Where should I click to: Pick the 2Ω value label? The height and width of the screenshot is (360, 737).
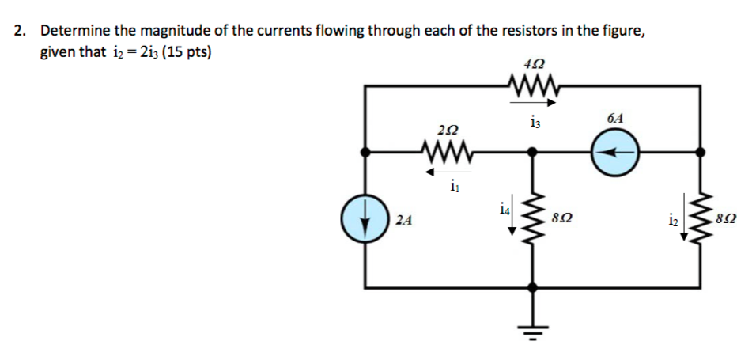pos(447,128)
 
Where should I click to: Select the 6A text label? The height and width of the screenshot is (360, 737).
pos(615,117)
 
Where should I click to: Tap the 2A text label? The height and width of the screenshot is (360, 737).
pos(403,221)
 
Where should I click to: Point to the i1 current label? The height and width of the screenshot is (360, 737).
pos(452,188)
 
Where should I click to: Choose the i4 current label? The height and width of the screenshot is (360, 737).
pos(505,210)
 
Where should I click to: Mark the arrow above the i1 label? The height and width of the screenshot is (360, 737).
pos(450,170)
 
